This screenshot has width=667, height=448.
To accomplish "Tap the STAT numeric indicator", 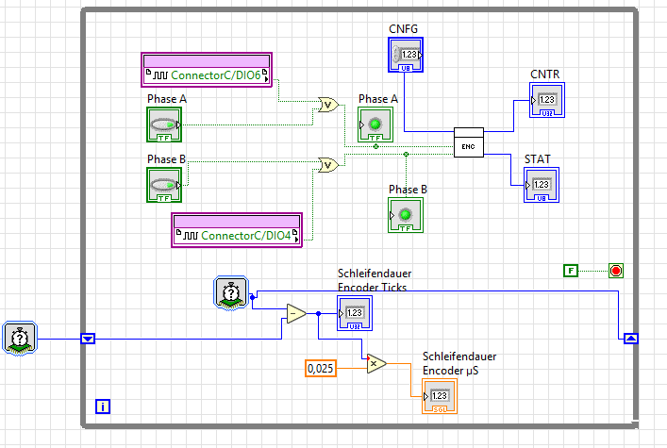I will click(x=542, y=185).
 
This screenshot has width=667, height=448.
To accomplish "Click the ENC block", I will click(x=468, y=141).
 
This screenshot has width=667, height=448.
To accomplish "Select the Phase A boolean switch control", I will click(x=162, y=126).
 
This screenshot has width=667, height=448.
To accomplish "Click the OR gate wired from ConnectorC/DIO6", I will click(x=328, y=105).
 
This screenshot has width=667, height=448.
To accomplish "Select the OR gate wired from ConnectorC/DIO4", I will click(x=328, y=165).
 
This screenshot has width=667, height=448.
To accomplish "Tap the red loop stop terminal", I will click(x=616, y=272).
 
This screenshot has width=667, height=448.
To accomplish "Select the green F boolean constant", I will click(x=570, y=272).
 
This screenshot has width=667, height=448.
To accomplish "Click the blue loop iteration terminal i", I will click(x=104, y=407).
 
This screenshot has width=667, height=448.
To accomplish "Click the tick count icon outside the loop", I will click(x=21, y=338).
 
